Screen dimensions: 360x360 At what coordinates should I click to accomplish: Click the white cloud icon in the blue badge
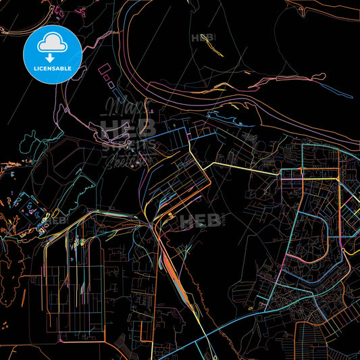[52, 44]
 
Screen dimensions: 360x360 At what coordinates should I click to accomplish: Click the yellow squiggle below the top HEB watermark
[214, 49]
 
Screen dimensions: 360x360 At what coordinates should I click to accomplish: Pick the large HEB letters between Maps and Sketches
[128, 128]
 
